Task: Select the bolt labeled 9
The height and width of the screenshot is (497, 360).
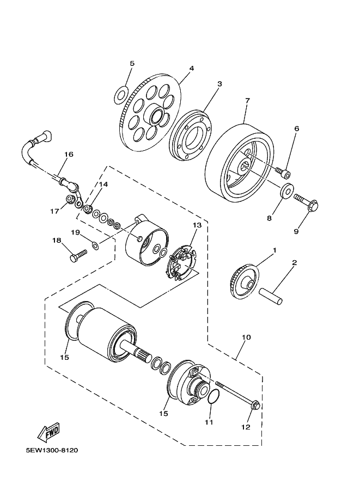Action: [x=306, y=202]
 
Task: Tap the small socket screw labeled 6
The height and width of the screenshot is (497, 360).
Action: [x=283, y=172]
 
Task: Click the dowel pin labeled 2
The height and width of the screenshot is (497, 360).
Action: [x=271, y=296]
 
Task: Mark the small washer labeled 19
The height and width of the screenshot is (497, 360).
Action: [x=95, y=245]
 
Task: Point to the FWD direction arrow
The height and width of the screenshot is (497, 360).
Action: [x=48, y=433]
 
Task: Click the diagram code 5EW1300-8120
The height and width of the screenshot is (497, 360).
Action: [x=52, y=450]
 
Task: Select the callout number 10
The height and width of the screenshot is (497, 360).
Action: [x=246, y=337]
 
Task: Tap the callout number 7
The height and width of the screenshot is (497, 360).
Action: [x=247, y=101]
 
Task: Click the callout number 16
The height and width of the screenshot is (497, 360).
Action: [x=69, y=154]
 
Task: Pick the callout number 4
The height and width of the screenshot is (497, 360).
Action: [x=191, y=68]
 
